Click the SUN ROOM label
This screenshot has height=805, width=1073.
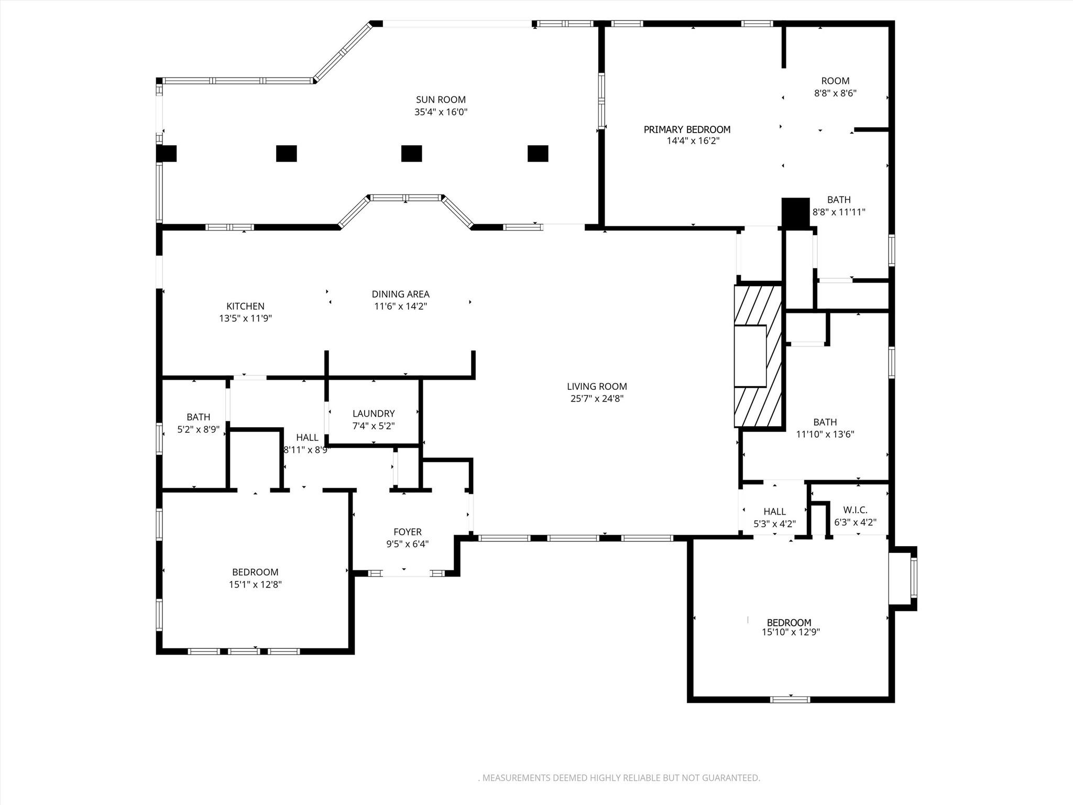click(441, 100)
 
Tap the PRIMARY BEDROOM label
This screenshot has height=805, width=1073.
click(687, 129)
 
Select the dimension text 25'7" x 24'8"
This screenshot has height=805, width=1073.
click(597, 398)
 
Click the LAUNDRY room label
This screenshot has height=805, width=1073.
click(374, 414)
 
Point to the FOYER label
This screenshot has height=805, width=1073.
click(407, 532)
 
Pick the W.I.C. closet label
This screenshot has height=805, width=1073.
click(855, 510)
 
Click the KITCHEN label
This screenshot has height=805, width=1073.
click(245, 306)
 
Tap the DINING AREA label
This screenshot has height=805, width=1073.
click(401, 294)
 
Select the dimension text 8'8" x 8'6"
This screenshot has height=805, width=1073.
click(835, 93)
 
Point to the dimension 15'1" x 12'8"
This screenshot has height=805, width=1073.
click(255, 584)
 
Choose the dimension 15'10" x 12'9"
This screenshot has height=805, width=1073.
click(791, 632)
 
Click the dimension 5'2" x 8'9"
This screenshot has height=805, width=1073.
click(198, 429)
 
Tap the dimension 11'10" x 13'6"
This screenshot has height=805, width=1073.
click(825, 434)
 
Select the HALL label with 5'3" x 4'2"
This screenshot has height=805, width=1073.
click(774, 512)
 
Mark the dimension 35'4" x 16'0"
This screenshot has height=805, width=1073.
click(441, 112)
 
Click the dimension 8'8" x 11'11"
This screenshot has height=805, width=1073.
click(839, 212)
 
